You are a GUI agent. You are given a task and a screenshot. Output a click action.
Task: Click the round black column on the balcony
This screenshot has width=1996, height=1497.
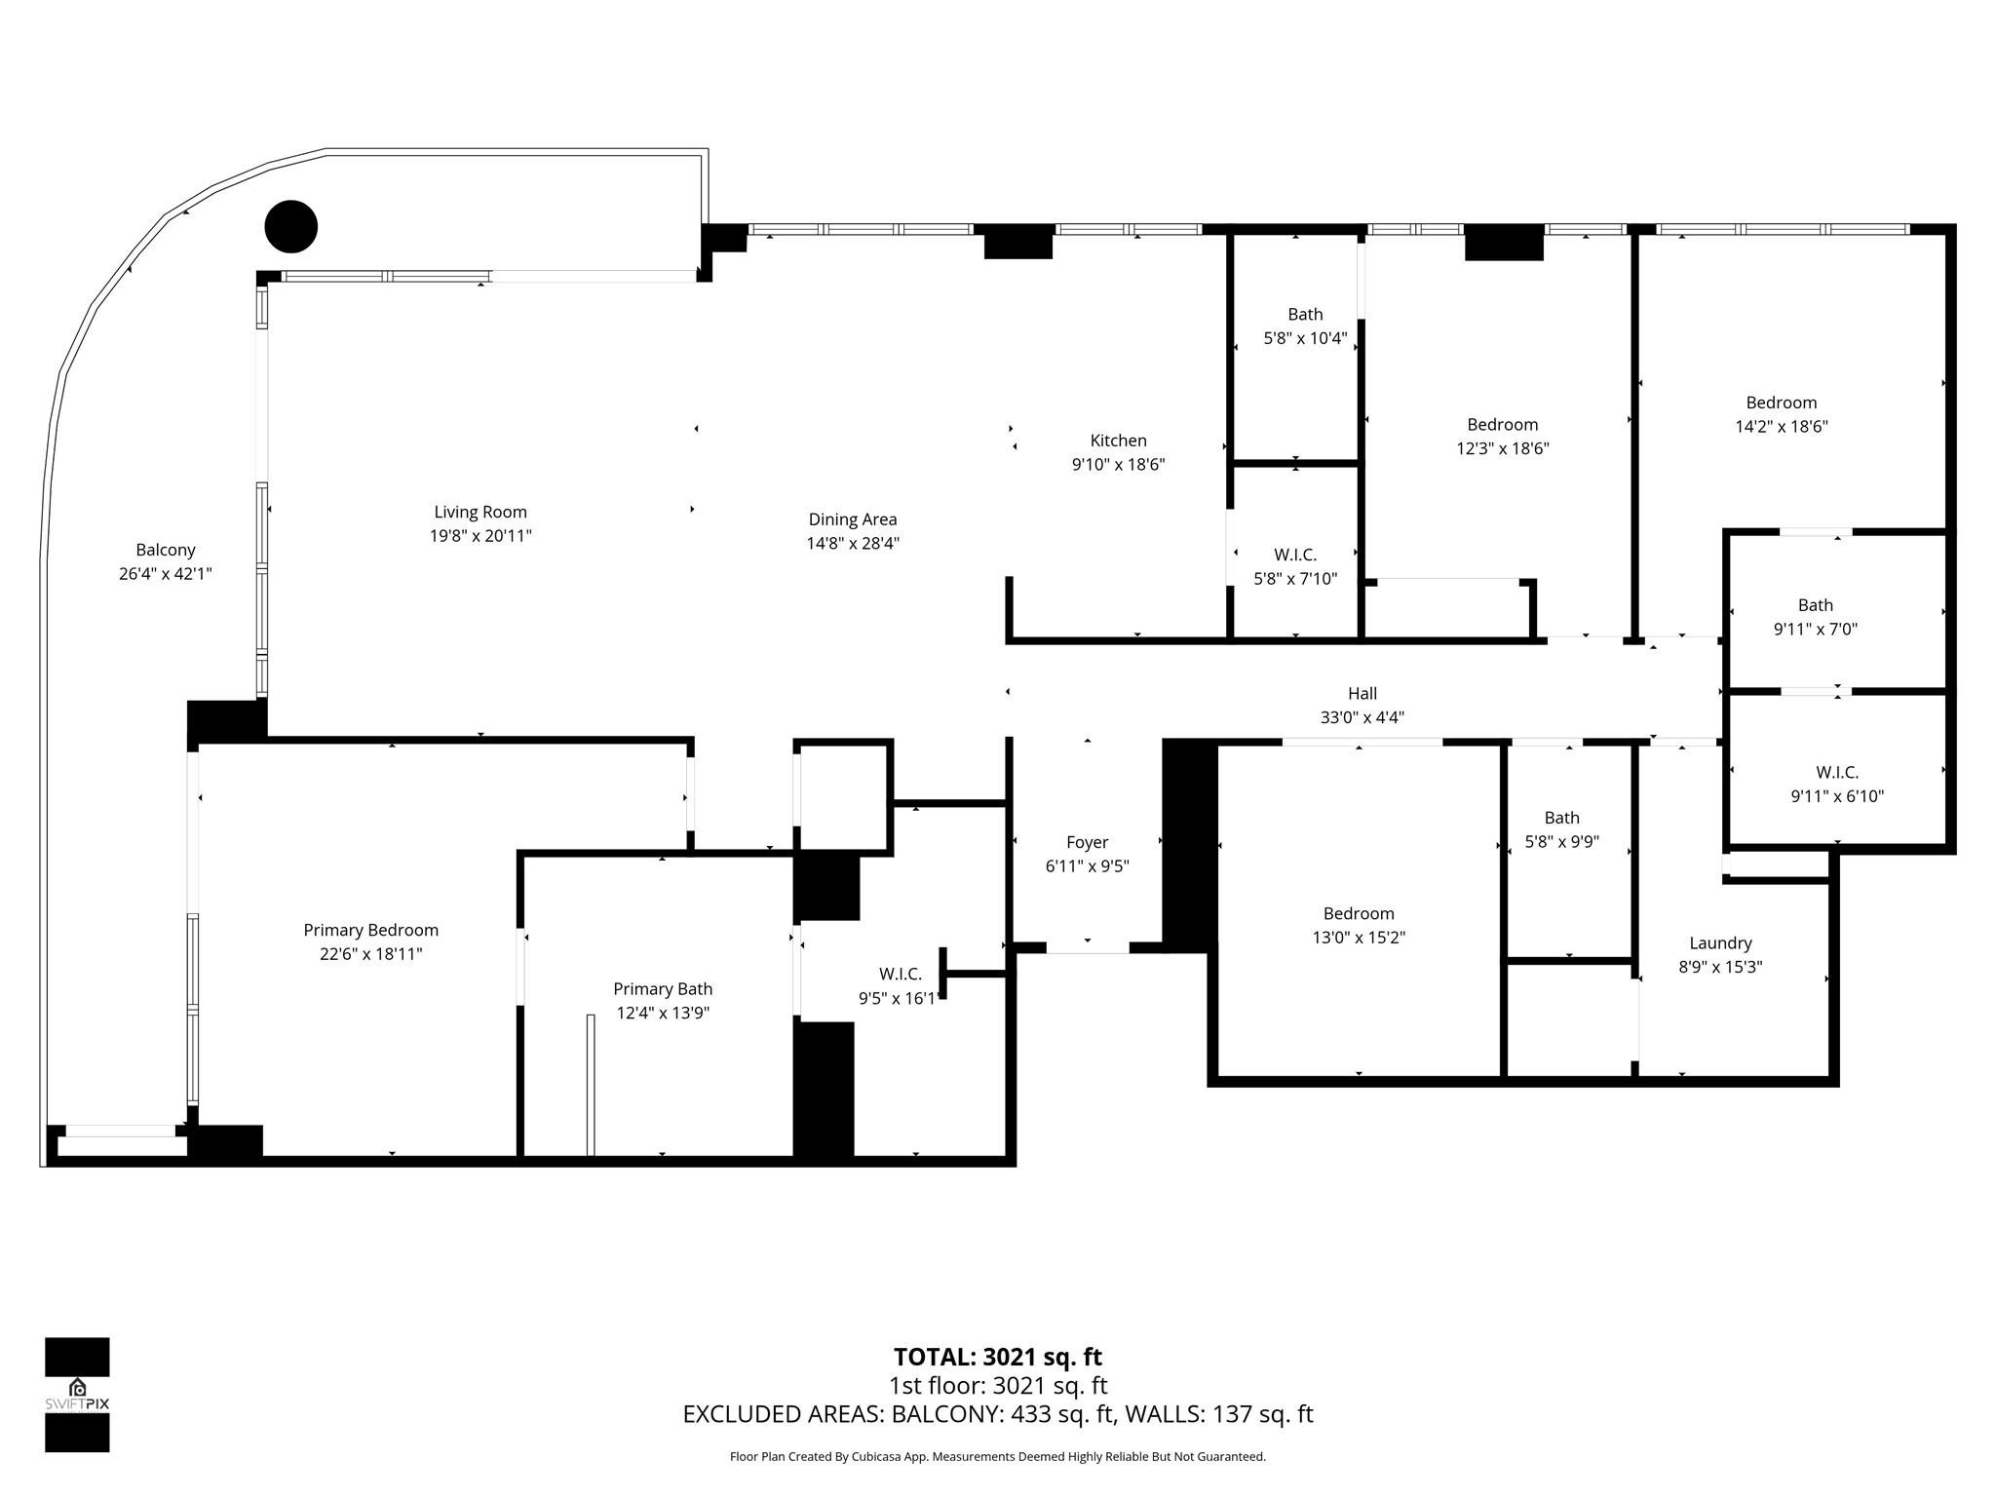click(x=291, y=226)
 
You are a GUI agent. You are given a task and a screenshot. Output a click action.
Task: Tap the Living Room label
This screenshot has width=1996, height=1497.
click(x=480, y=512)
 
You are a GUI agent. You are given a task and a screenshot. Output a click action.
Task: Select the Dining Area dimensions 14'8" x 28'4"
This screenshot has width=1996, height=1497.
click(x=852, y=544)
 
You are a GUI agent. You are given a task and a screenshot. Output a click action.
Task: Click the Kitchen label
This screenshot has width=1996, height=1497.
click(x=1118, y=441)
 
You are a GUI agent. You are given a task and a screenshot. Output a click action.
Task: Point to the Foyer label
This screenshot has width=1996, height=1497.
click(x=1087, y=842)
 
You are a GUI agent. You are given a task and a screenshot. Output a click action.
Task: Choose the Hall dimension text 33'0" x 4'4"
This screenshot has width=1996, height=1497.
click(x=1362, y=718)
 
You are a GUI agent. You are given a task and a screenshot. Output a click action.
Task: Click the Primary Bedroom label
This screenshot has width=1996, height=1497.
click(x=370, y=930)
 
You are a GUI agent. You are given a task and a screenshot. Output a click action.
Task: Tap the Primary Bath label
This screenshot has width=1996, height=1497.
click(x=663, y=988)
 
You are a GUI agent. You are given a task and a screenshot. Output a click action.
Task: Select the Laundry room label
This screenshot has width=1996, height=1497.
click(x=1720, y=942)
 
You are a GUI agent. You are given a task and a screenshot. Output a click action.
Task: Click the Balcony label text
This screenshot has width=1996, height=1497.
click(x=166, y=550)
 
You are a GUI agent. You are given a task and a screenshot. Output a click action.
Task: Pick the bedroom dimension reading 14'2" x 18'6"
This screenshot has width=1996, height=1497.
click(x=1781, y=427)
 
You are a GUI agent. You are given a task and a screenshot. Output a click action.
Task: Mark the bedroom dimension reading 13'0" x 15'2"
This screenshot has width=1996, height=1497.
click(x=1359, y=938)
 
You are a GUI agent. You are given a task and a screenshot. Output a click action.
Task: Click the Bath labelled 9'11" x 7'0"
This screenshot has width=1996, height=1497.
click(x=1815, y=605)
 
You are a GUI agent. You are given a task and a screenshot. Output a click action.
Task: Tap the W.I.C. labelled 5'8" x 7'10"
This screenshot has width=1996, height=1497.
click(x=1295, y=555)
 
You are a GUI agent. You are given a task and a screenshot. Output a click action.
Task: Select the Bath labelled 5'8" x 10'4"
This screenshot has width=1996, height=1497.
click(x=1305, y=314)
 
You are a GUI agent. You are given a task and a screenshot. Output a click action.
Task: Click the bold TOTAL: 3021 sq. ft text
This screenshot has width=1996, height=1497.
click(x=997, y=1357)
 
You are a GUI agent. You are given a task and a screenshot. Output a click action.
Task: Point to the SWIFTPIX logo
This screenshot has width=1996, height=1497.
click(x=77, y=1394)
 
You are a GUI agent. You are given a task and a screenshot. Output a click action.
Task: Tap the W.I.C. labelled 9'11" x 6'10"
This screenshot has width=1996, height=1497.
click(x=1836, y=772)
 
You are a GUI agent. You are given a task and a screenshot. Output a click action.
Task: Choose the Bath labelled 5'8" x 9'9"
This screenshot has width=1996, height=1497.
click(x=1561, y=818)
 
